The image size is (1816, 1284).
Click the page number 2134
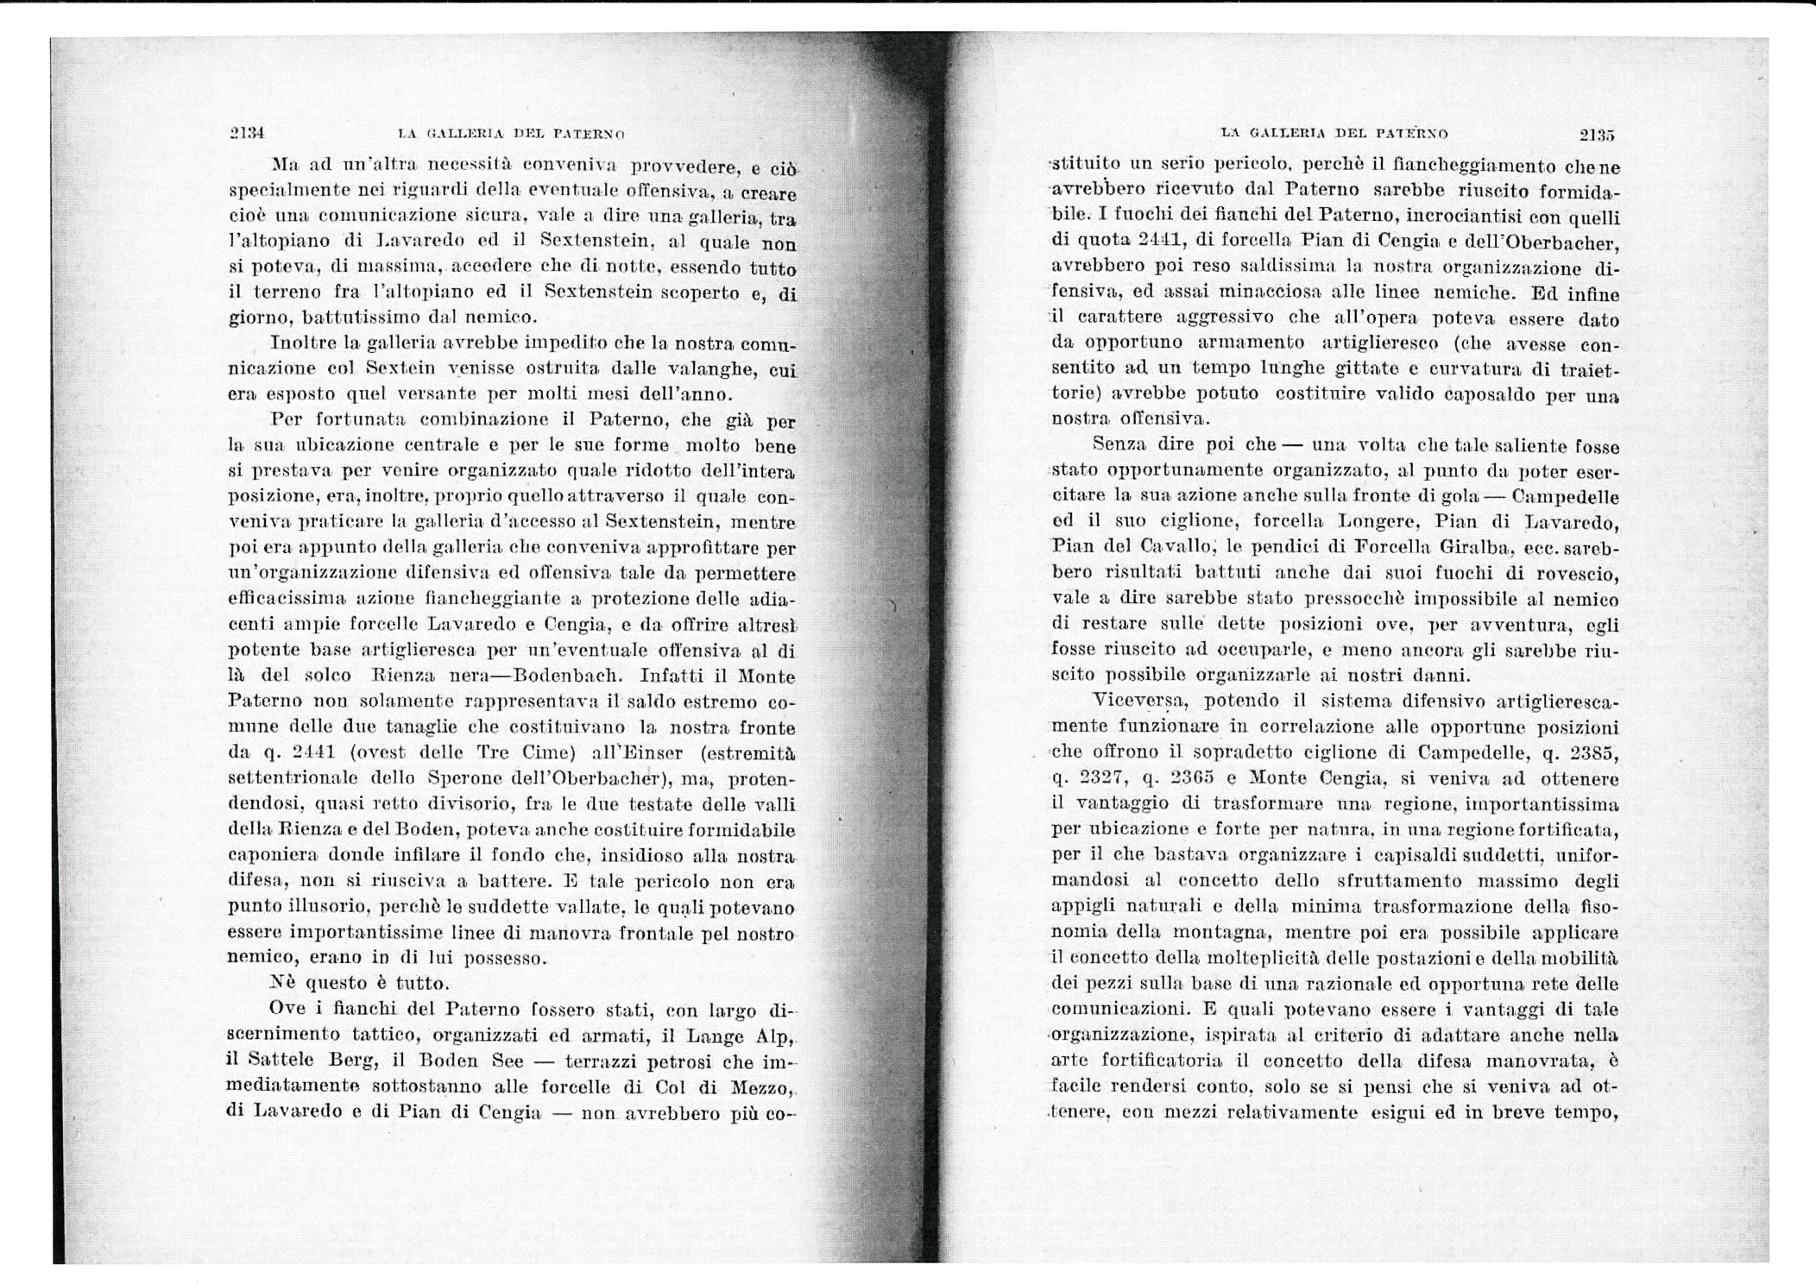click(x=246, y=133)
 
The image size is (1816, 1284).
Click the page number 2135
click(x=1596, y=135)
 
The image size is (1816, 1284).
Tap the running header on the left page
click(x=511, y=134)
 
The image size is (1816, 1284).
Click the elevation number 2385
click(x=1594, y=752)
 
